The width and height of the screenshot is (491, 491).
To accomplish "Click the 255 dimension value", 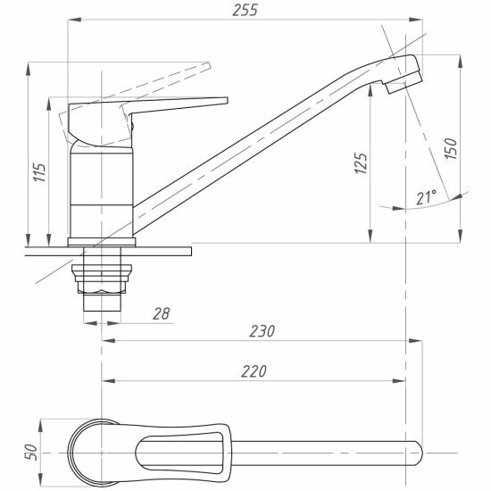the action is pos(245,10).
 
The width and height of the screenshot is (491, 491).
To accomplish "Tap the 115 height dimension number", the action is pos(40,172).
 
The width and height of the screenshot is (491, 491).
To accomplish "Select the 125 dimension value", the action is pos(361,162).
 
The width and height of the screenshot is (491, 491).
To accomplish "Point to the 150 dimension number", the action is pos(451,148).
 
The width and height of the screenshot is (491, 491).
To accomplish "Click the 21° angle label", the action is pos(427,197).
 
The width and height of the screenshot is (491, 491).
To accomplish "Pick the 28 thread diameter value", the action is pos(162,313).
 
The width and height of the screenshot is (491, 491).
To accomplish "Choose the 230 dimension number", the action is pos(262,331).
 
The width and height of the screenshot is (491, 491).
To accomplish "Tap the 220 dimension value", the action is pos(254,371).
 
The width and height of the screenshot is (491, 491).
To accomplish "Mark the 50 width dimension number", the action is pos(31,453).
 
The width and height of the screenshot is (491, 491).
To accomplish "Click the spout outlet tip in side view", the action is pos(404,82).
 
